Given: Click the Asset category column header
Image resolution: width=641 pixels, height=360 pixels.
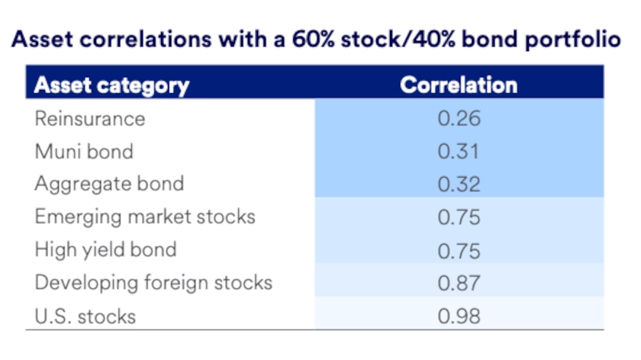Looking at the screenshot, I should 111,85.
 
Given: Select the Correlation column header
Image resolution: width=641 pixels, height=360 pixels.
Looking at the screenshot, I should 459,85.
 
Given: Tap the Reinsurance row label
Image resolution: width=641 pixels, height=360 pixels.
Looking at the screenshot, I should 89,119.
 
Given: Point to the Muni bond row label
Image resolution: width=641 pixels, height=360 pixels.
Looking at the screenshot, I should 84,151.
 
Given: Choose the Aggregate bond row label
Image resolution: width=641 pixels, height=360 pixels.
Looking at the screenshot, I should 109,184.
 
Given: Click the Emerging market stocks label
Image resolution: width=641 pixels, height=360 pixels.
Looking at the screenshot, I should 145,217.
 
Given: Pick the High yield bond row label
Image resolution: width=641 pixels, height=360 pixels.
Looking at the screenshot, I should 105,249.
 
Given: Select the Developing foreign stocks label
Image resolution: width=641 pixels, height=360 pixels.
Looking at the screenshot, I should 153,282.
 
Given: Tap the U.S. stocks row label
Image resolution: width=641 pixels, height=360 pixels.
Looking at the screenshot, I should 85,315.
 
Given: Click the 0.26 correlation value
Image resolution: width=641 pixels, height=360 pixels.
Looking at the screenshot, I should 459,119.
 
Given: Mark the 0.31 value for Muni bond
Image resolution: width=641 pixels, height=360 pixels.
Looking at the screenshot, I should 459,151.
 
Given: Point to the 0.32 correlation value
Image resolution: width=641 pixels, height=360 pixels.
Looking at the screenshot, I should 459,184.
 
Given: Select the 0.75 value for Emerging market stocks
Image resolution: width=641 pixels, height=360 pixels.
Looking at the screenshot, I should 459,217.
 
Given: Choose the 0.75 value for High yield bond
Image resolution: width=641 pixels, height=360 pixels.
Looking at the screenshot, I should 459,249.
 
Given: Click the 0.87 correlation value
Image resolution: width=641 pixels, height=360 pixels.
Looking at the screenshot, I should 459,282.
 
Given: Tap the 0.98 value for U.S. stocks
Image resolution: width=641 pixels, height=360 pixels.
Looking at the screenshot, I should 459,315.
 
